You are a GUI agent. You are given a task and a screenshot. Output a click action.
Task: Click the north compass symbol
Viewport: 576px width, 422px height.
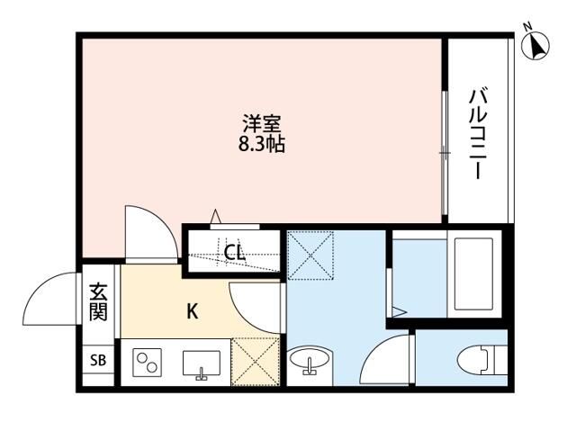[538, 46]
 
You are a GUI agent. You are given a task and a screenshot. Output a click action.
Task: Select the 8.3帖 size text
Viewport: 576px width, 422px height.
[261, 143]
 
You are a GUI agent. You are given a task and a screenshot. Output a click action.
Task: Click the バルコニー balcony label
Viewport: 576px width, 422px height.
[479, 130]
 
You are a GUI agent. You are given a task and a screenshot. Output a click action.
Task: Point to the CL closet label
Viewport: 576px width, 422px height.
[235, 253]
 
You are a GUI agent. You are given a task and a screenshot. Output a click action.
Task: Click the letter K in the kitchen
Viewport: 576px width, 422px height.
[192, 312]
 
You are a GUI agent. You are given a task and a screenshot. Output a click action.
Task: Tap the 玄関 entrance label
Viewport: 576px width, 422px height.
[98, 303]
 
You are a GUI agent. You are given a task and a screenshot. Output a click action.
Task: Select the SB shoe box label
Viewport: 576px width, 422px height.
[97, 361]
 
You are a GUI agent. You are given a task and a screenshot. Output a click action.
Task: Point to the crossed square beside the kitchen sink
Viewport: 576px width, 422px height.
[255, 362]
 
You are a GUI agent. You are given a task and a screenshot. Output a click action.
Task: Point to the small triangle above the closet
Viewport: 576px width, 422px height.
[216, 215]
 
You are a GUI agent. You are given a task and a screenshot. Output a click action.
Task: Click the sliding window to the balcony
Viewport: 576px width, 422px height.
[445, 153]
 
